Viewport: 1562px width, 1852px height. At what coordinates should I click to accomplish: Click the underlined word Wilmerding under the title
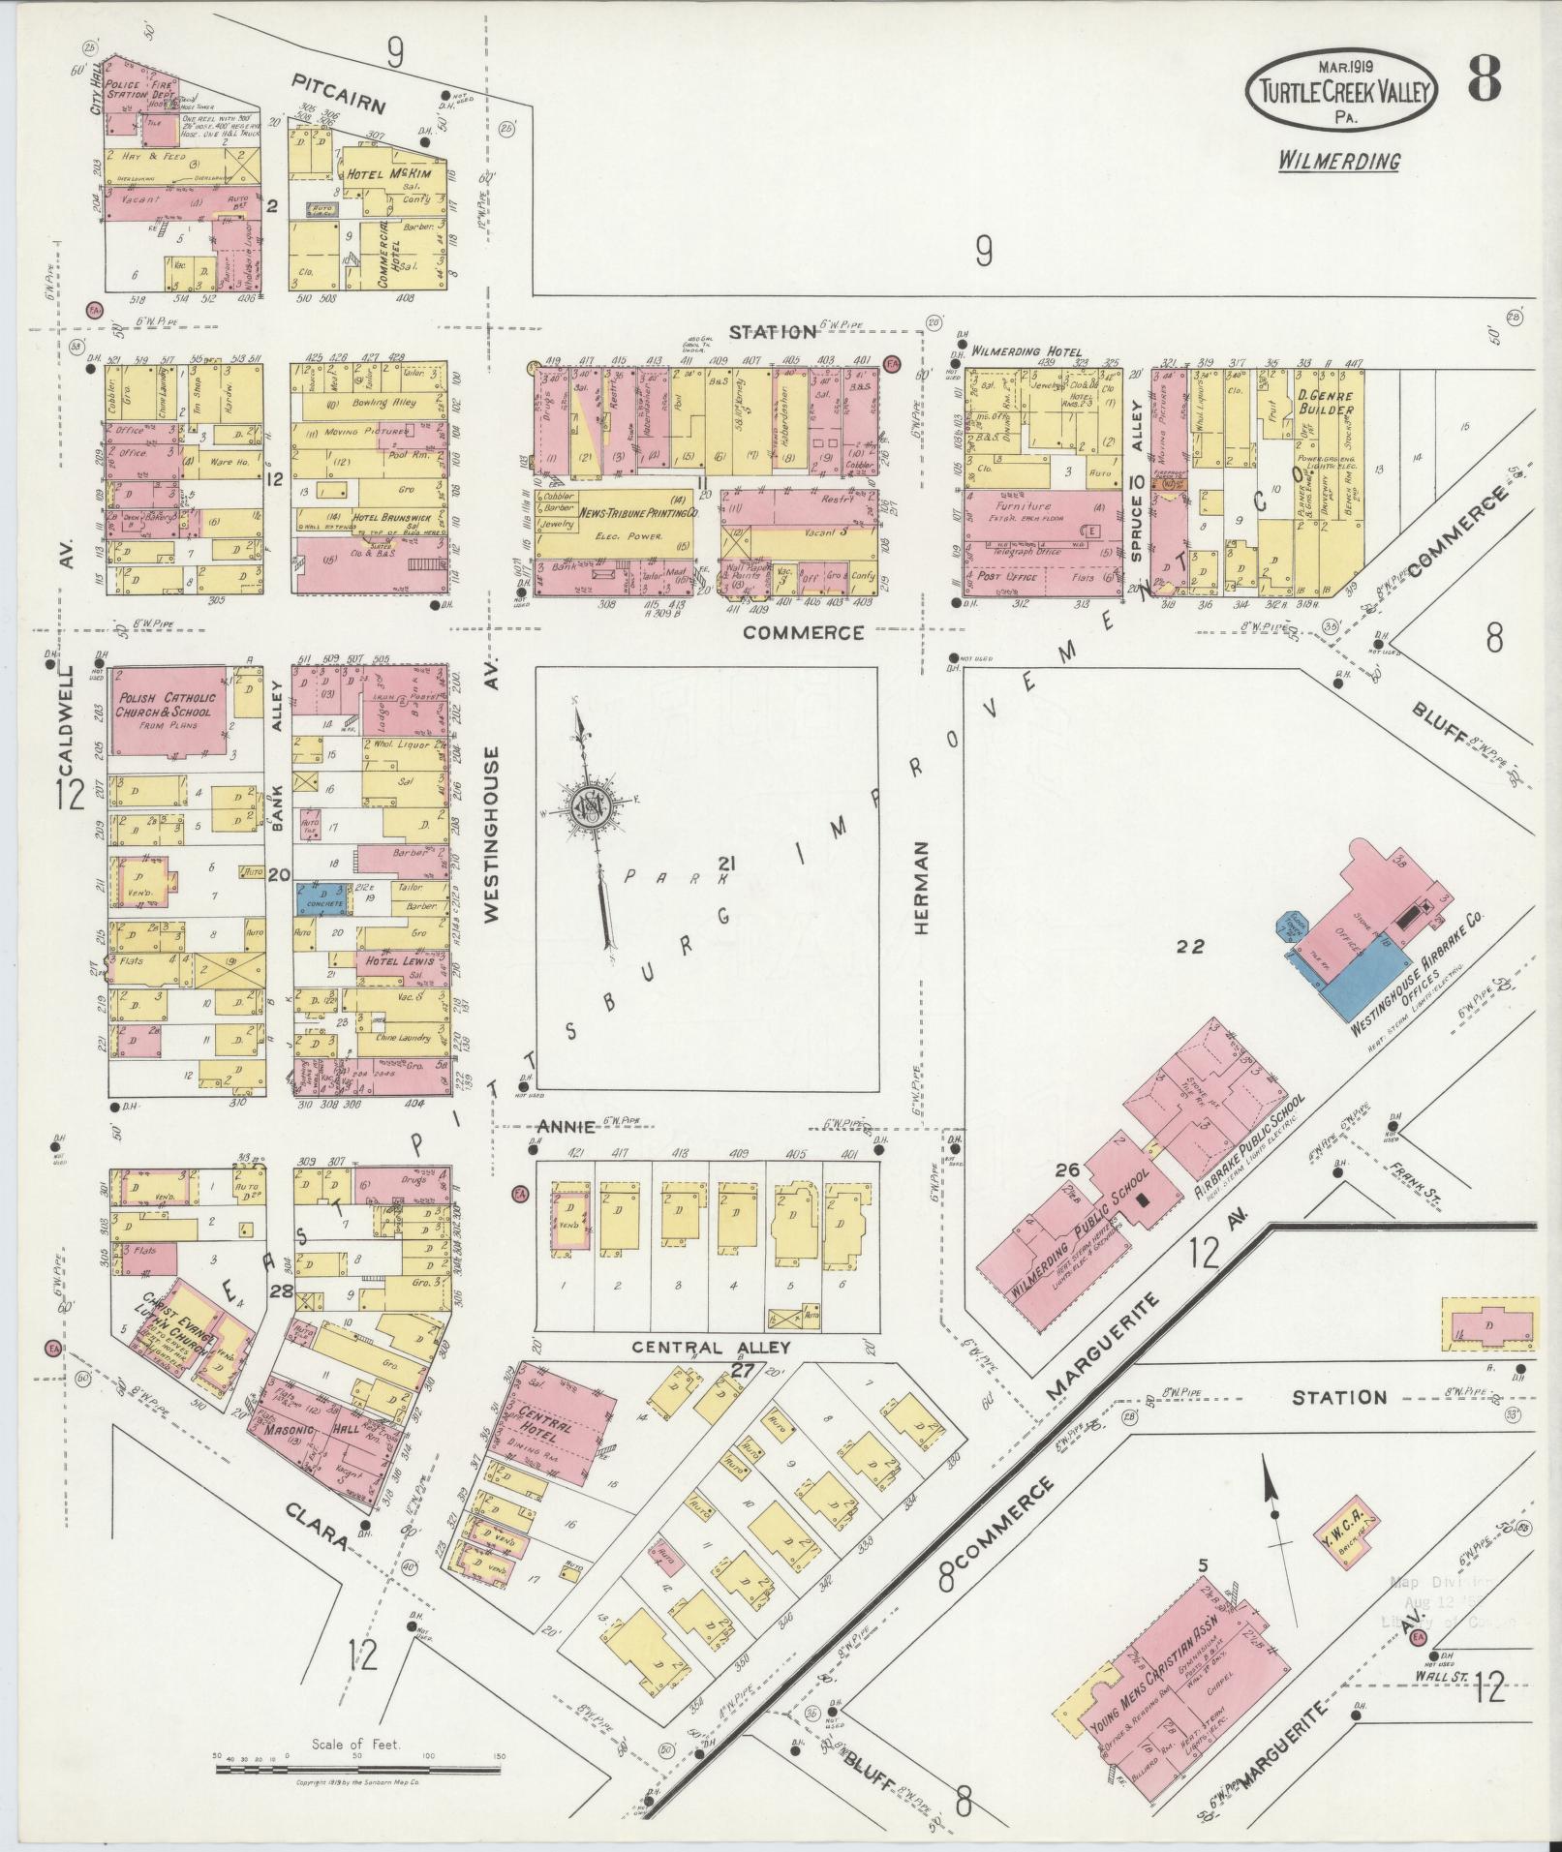click(1338, 161)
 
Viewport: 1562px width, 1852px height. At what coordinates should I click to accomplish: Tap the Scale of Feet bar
click(357, 1768)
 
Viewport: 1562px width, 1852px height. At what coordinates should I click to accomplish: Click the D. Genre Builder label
click(1325, 401)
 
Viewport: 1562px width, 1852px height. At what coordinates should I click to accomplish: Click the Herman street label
click(920, 886)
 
